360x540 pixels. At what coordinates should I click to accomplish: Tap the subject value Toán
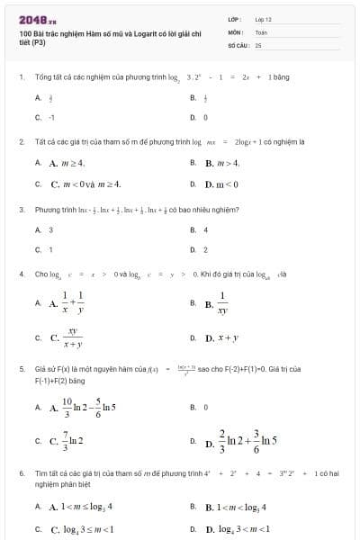(261, 31)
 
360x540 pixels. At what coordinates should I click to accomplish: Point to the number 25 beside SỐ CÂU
(258, 44)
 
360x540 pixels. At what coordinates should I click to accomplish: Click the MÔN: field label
(236, 31)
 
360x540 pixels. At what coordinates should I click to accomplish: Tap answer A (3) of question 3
(50, 230)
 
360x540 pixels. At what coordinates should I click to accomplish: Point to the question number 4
(21, 274)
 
